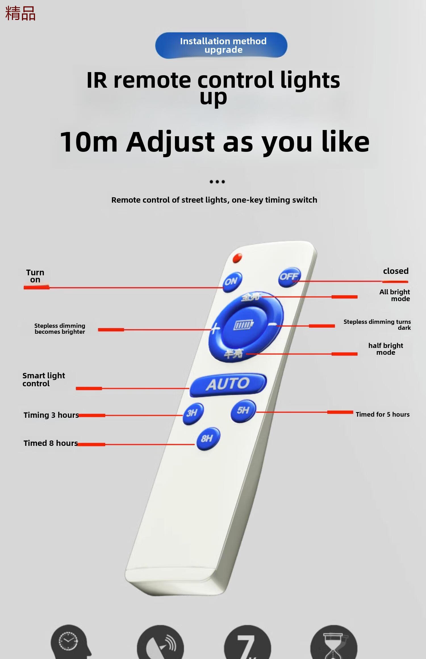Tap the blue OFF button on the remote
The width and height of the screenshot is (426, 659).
tap(289, 277)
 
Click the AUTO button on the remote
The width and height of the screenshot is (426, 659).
tap(228, 384)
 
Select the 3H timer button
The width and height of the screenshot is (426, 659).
tap(193, 413)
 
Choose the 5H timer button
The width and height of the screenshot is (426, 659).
tap(243, 411)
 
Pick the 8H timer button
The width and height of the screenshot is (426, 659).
tap(208, 438)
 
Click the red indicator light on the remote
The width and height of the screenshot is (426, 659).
tap(237, 258)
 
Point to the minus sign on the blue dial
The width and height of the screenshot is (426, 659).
tap(273, 324)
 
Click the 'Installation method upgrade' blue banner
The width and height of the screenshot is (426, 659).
tap(221, 45)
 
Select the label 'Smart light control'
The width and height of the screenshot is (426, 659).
tap(44, 379)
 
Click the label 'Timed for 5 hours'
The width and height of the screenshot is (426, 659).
tap(383, 414)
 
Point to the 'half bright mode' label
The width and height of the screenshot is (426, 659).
tap(386, 349)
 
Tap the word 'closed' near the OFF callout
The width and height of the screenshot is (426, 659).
tap(396, 271)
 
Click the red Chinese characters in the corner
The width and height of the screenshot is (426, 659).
tap(20, 13)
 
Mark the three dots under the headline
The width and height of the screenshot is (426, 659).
tap(217, 182)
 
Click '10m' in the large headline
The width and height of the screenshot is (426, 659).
tap(89, 142)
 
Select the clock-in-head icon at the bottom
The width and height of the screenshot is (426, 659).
tap(70, 642)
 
